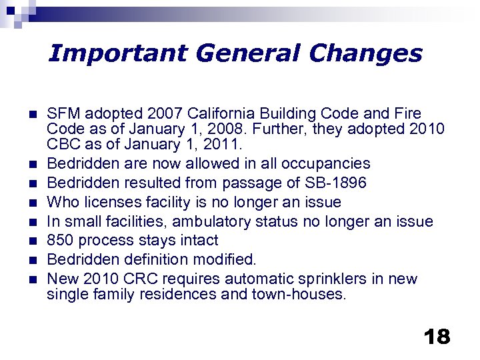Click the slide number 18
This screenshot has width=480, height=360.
click(437, 336)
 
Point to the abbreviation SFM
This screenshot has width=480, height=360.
click(61, 113)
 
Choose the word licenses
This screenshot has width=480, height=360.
click(111, 202)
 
